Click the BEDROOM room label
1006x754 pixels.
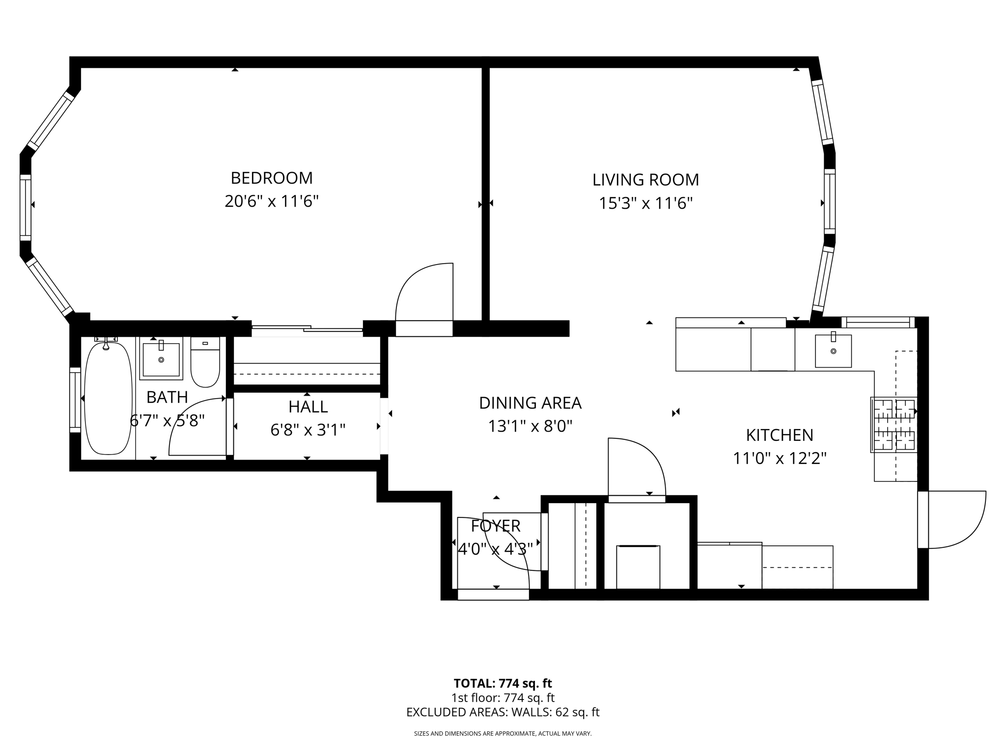pyautogui.click(x=272, y=178)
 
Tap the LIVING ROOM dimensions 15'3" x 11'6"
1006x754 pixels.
pyautogui.click(x=645, y=203)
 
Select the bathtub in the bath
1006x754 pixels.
pyautogui.click(x=109, y=398)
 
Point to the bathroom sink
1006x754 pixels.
pyautogui.click(x=161, y=358)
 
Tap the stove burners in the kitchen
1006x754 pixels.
pyautogui.click(x=894, y=424)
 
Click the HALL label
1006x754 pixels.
pyautogui.click(x=308, y=407)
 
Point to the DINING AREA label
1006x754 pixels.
pyautogui.click(x=530, y=403)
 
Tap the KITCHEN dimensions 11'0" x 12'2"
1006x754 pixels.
pyautogui.click(x=780, y=458)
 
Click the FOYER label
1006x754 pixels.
pyautogui.click(x=495, y=526)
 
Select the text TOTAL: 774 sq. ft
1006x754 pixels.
pyautogui.click(x=503, y=683)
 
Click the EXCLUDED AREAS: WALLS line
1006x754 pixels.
pyautogui.click(x=503, y=712)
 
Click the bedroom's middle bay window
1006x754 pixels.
pyautogui.click(x=26, y=208)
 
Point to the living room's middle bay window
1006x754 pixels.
pyautogui.click(x=829, y=201)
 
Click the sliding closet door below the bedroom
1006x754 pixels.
pyautogui.click(x=307, y=328)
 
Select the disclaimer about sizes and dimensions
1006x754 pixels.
pyautogui.click(x=503, y=734)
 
